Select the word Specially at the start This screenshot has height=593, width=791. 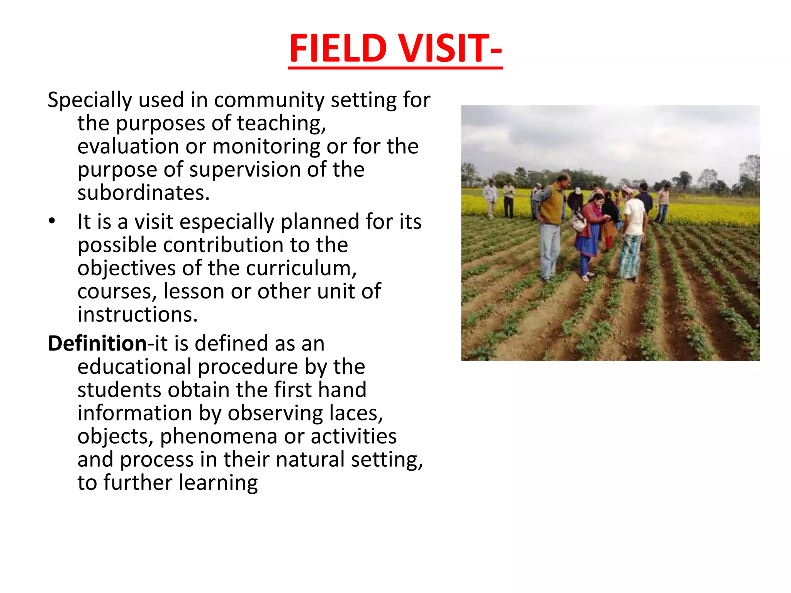[89, 100]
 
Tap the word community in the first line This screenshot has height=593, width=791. [268, 100]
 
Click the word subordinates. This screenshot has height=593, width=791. [143, 193]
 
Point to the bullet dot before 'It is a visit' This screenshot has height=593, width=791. [52, 222]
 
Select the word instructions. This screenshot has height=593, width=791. [137, 315]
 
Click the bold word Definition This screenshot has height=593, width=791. [97, 344]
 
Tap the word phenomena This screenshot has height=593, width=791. [218, 436]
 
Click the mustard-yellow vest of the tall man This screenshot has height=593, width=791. [552, 205]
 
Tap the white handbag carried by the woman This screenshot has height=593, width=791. [578, 222]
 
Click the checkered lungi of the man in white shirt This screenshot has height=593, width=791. [630, 256]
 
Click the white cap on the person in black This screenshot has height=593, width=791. [578, 190]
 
